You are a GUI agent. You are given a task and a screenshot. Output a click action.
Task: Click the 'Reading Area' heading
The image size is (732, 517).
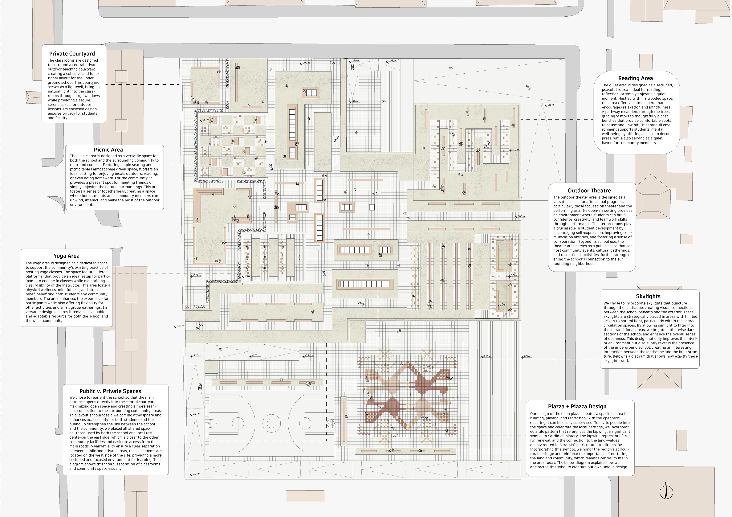point(635,78)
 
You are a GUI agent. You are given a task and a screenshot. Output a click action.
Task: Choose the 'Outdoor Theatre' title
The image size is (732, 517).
point(589,190)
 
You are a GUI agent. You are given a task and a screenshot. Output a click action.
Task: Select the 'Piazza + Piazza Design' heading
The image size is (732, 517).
point(577,406)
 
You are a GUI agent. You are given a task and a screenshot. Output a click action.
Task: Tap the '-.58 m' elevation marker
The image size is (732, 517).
point(551,105)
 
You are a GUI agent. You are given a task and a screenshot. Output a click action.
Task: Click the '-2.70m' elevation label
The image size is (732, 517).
point(196,355)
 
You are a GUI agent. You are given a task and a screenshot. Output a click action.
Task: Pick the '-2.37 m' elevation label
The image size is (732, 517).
point(196,414)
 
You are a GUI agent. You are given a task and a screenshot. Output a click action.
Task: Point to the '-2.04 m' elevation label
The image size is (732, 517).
point(196,474)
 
